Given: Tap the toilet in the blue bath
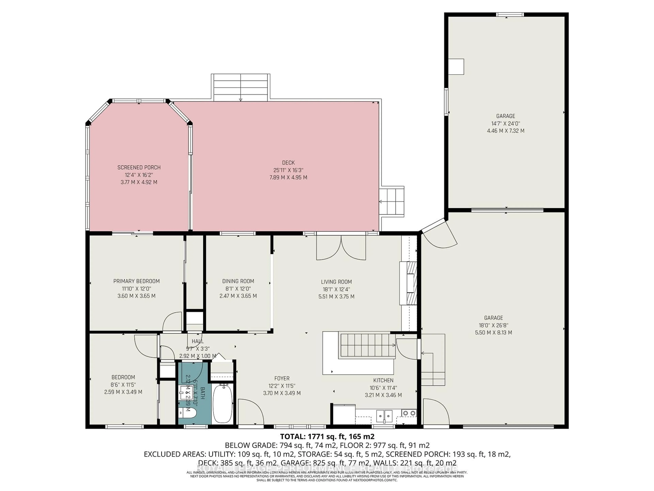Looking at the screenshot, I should [x=188, y=413].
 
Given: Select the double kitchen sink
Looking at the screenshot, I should [x=384, y=416].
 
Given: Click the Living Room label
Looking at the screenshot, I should [x=337, y=282].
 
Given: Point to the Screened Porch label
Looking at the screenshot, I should [x=139, y=168].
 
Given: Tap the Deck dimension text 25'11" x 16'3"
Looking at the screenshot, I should [x=288, y=170].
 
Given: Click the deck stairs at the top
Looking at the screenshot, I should [x=240, y=87].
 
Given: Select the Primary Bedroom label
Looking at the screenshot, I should [x=136, y=281].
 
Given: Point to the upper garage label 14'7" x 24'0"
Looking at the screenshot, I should [x=506, y=123].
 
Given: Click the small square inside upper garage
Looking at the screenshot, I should [x=456, y=67].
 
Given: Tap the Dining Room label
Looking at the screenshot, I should [x=238, y=281].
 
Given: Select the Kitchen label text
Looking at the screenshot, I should [x=383, y=380].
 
